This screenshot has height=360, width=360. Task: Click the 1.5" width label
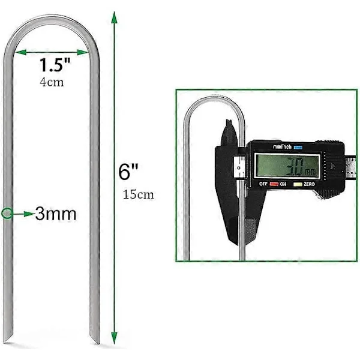55,65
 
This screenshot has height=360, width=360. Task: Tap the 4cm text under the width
52,82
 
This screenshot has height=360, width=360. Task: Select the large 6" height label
128,172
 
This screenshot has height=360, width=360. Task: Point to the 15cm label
138,194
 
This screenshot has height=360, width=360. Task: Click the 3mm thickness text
56,214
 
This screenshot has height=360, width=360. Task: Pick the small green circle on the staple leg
7,214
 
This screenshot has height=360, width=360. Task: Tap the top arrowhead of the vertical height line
114,17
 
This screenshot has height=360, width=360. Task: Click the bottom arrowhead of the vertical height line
114,338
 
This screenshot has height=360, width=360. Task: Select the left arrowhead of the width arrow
20,52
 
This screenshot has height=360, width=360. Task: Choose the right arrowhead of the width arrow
83,52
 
